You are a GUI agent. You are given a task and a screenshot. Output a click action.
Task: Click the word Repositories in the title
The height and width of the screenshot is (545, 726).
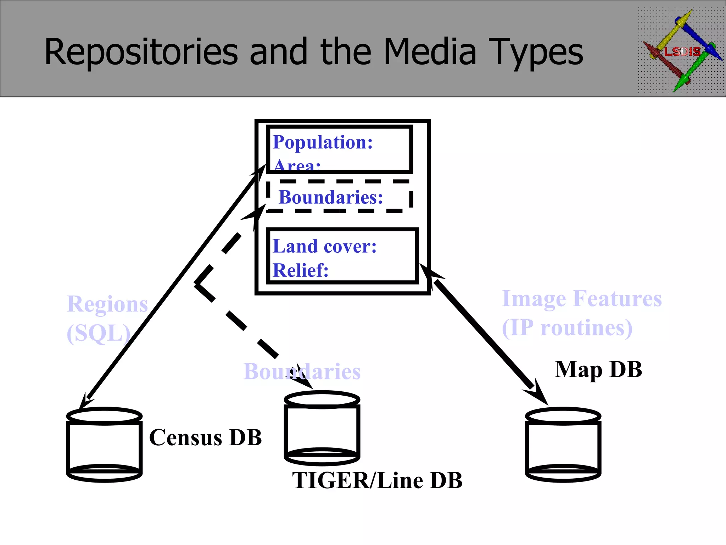tap(141, 52)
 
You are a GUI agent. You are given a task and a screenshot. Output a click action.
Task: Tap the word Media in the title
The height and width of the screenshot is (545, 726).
tap(430, 52)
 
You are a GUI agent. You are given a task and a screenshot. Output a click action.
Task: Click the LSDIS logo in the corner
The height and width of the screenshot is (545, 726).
tap(681, 51)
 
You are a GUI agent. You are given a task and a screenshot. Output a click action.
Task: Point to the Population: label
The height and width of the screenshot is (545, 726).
tap(323, 142)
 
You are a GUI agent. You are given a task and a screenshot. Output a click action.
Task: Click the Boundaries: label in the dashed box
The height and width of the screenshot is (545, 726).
tap(331, 197)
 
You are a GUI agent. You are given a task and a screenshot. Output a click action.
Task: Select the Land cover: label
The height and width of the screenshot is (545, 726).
tap(324, 246)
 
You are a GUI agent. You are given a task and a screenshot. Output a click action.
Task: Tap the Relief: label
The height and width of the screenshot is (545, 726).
tap(301, 270)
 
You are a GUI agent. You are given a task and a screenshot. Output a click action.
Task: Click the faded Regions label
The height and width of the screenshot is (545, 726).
tap(107, 304)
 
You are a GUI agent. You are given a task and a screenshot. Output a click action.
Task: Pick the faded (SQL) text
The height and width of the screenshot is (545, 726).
tap(99, 333)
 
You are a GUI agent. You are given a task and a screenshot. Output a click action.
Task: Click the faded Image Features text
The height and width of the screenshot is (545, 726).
tap(582, 298)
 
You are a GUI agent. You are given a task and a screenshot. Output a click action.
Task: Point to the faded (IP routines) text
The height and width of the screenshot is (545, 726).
tap(567, 327)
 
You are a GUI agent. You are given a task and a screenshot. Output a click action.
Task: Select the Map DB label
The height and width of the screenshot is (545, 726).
tap(598, 370)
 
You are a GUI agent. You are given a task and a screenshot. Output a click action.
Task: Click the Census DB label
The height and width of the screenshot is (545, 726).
tap(205, 437)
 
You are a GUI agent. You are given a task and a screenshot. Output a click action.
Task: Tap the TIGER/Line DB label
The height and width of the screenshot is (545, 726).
tap(377, 480)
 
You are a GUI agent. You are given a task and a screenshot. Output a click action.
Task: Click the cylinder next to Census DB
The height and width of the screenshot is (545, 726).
tap(105, 445)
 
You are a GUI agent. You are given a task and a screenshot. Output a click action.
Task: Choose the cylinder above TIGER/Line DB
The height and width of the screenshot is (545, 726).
tap(322, 428)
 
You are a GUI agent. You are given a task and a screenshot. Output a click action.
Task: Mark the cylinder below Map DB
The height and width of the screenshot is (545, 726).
tap(563, 445)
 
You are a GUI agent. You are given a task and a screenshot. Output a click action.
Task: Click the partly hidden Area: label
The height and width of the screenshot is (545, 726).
tap(297, 165)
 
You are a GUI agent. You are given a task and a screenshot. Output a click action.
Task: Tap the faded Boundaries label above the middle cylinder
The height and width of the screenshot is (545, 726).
tap(302, 371)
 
